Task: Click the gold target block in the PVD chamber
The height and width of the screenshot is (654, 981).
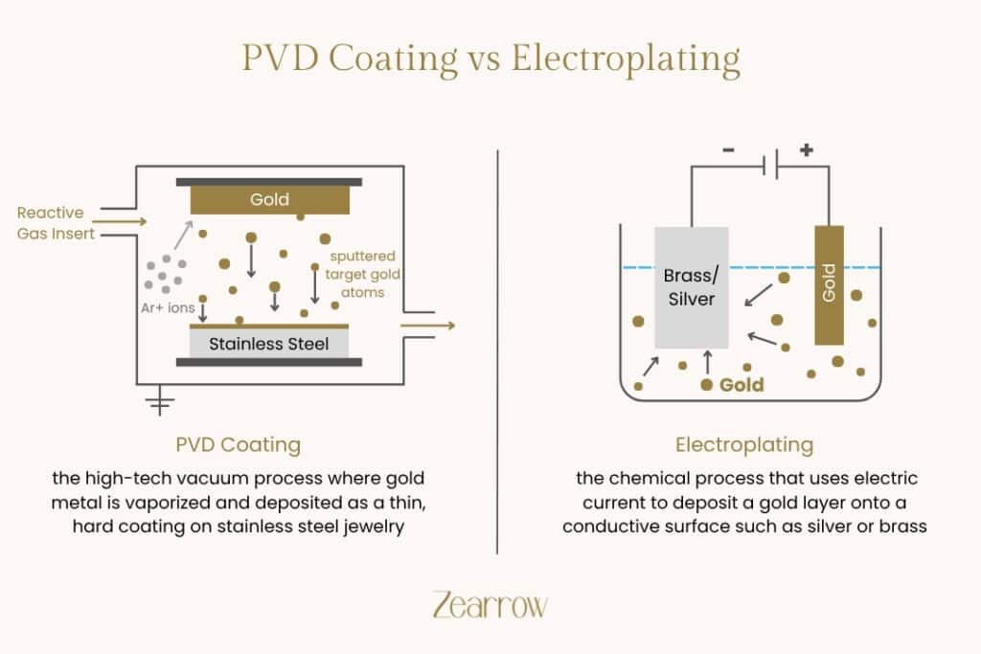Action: (x=269, y=199)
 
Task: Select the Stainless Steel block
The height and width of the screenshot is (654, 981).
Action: (x=268, y=342)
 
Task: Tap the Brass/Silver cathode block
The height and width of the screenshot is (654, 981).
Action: (x=691, y=287)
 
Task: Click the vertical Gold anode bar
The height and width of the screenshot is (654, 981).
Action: (x=829, y=284)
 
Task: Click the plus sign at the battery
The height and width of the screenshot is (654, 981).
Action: (x=806, y=150)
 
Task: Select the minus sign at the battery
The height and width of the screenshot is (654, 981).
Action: (x=730, y=151)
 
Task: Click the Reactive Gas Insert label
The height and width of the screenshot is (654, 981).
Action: (x=51, y=222)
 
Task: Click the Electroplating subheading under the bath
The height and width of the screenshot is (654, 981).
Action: (x=744, y=444)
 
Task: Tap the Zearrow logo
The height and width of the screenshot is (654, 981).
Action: (x=490, y=605)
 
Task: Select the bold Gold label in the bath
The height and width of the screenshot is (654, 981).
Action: (x=741, y=385)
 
